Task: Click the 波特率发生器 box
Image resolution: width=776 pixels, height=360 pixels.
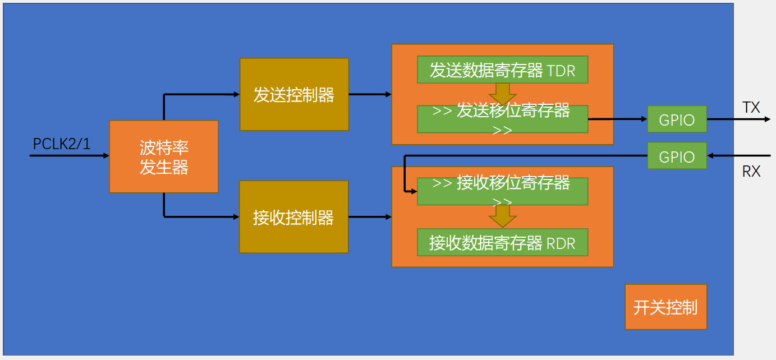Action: point(163,156)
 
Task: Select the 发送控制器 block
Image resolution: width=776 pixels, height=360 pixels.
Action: point(294,94)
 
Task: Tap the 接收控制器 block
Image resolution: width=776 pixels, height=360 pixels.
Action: point(293,216)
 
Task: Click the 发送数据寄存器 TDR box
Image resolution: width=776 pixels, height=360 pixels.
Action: point(502,70)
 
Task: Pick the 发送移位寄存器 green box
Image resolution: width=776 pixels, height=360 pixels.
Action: point(502,119)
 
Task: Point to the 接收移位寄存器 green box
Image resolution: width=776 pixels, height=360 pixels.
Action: point(502,191)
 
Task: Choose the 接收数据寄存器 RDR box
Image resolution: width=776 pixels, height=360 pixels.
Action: point(502,242)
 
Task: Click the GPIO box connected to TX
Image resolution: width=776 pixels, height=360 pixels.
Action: point(677,119)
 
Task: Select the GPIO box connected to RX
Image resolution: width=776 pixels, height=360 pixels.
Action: point(677,156)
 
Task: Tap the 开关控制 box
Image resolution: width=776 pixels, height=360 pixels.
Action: point(665,307)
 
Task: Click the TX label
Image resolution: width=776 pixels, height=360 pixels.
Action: point(751,107)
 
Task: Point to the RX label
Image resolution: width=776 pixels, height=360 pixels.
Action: point(751,171)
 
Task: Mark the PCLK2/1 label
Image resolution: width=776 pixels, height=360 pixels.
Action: point(61,144)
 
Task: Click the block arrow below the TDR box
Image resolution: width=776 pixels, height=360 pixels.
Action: point(502,94)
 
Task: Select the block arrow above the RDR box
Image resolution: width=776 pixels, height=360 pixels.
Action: point(502,216)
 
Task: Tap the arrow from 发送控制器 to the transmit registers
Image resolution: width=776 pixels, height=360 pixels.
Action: point(370,94)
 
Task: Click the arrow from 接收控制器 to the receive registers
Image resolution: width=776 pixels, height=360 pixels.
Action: point(370,216)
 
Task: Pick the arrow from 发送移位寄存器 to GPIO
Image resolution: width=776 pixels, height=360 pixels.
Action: point(617,119)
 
